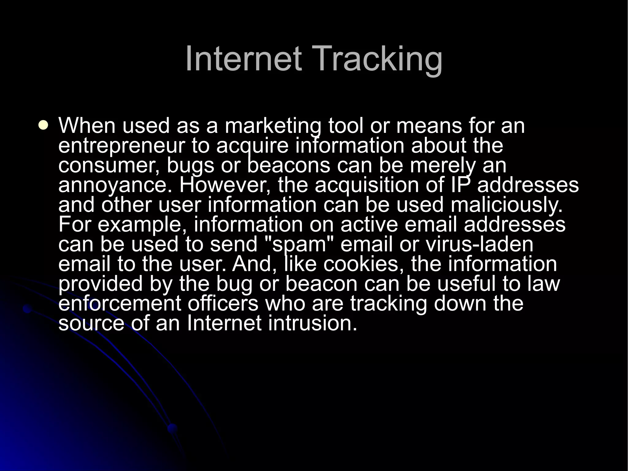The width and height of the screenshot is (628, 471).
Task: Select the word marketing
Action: point(273,126)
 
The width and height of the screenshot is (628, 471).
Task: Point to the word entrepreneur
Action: point(122,146)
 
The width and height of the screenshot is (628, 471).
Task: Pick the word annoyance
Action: point(115,185)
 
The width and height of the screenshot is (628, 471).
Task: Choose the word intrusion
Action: point(312,323)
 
